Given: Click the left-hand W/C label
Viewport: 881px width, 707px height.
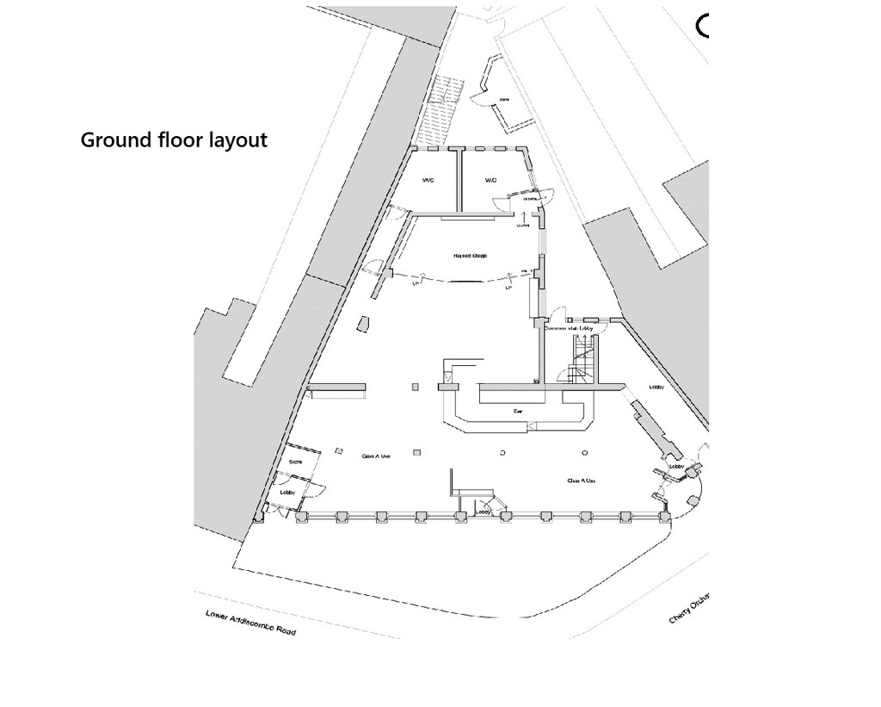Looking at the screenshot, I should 428,181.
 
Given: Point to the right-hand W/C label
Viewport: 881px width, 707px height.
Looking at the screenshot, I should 490,181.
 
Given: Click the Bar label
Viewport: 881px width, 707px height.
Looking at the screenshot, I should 518,412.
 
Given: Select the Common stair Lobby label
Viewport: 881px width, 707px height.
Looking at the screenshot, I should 570,328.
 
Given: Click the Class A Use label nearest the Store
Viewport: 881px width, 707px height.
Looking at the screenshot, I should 375,456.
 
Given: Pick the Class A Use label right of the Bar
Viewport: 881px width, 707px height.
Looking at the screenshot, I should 582,481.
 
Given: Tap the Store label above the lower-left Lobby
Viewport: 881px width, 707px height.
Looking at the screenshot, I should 295,462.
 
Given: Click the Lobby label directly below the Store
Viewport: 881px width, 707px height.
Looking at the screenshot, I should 287,492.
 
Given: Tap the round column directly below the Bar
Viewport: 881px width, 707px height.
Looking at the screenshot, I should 502,452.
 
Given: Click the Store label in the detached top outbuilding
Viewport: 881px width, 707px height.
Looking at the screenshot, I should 505,99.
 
